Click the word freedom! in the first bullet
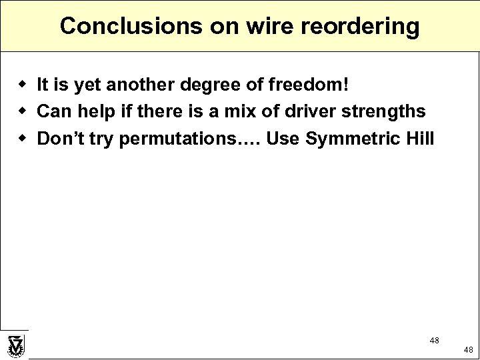click(308, 85)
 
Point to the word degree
click(210, 85)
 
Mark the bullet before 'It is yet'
click(22, 85)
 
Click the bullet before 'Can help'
click(22, 111)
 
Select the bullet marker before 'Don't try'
click(22, 139)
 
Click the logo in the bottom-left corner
click(15, 346)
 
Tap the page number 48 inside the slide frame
click(434, 341)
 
